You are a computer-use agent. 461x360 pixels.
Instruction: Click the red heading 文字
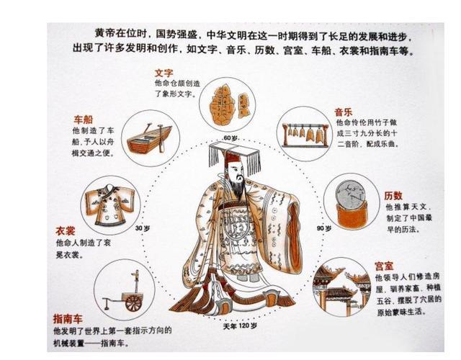point(164,73)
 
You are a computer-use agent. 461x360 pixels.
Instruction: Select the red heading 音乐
point(343,112)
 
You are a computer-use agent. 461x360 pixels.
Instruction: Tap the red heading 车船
point(84,120)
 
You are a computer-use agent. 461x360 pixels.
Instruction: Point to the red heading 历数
point(393,196)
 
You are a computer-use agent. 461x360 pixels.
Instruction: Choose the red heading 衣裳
point(66,231)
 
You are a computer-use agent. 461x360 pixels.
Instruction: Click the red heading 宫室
point(384,266)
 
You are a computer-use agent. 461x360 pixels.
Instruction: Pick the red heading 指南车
point(68,319)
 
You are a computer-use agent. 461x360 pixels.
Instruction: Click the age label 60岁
point(230,138)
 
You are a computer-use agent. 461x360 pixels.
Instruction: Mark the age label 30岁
point(143,228)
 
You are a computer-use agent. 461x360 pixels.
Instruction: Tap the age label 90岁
point(324,228)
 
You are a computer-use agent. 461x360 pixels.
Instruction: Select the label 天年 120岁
point(240,326)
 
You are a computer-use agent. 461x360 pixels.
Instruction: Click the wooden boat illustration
point(149,139)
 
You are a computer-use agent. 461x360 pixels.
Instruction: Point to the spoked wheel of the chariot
point(133,302)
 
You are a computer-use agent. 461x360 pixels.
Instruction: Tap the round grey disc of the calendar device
point(351,195)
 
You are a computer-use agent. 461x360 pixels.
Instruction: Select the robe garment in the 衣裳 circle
point(110,205)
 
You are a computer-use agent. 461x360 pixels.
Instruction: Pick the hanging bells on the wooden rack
point(305,135)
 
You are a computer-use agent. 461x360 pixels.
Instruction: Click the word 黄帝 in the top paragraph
point(104,34)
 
